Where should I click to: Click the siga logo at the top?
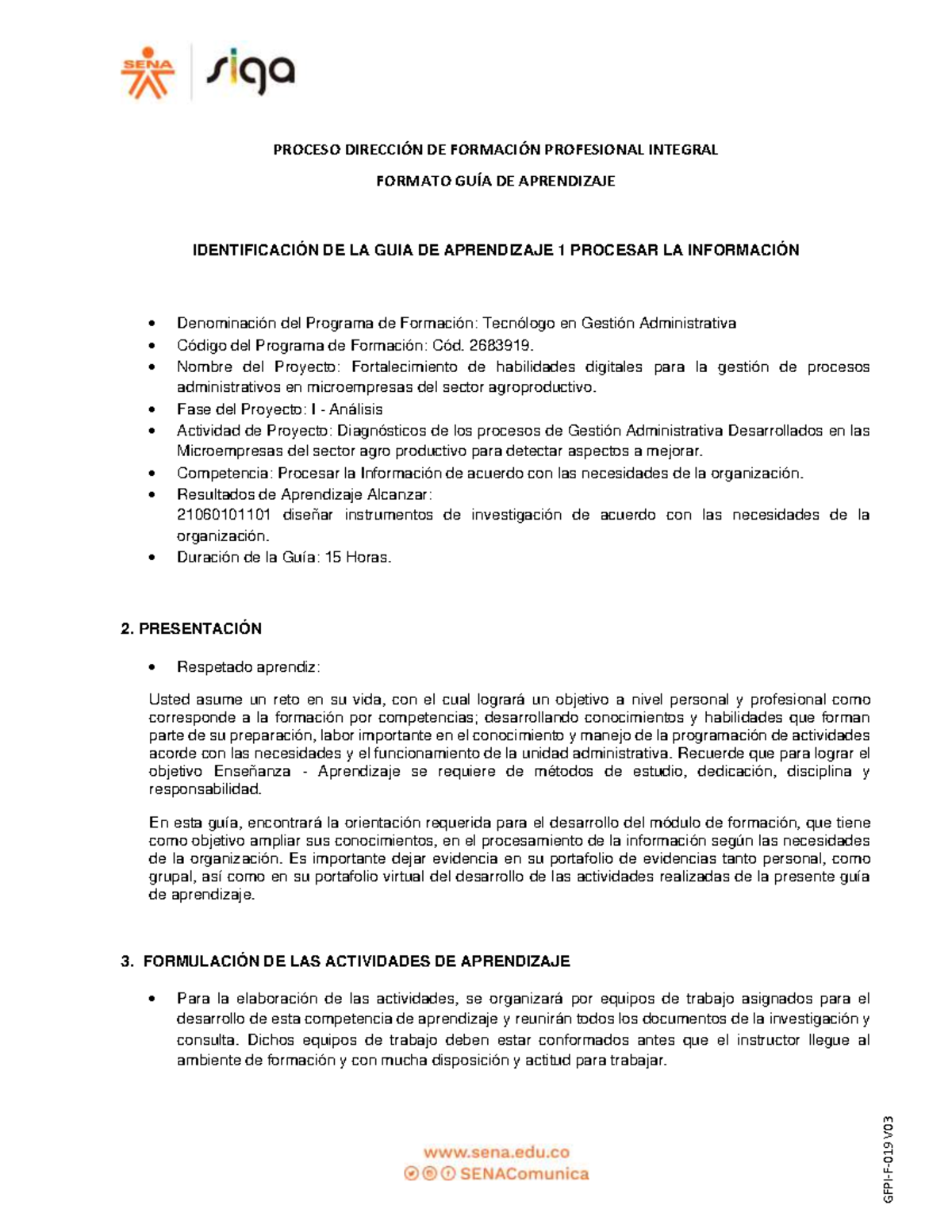click(251, 72)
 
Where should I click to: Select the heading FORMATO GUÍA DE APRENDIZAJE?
click(495, 181)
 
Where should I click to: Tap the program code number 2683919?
click(501, 345)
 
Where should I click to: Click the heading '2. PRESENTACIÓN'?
click(190, 628)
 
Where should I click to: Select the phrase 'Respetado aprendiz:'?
click(248, 666)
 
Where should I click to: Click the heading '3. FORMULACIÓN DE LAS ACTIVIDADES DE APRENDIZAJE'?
click(345, 961)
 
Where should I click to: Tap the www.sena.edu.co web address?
click(497, 1153)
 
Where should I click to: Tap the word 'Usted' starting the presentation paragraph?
click(170, 700)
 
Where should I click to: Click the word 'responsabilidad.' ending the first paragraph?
click(205, 789)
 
